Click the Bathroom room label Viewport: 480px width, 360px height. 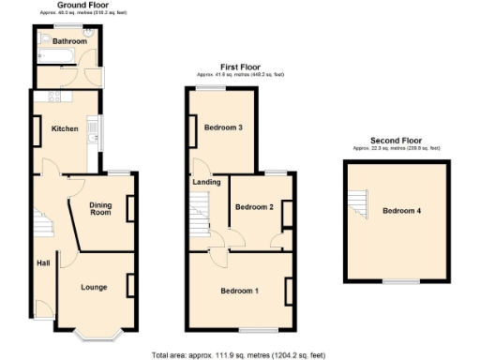[x=70, y=41]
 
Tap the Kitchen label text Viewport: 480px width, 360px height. [x=65, y=127]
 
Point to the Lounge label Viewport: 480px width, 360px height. [x=93, y=287]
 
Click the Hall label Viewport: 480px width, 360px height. [x=43, y=262]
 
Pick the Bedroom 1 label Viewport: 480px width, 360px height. [x=239, y=291]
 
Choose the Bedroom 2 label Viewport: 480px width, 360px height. [x=253, y=207]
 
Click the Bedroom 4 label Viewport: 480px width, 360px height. [x=401, y=211]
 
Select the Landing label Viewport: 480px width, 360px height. [x=206, y=183]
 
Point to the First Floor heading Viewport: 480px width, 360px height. [x=240, y=67]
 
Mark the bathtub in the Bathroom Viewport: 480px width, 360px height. [x=49, y=57]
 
